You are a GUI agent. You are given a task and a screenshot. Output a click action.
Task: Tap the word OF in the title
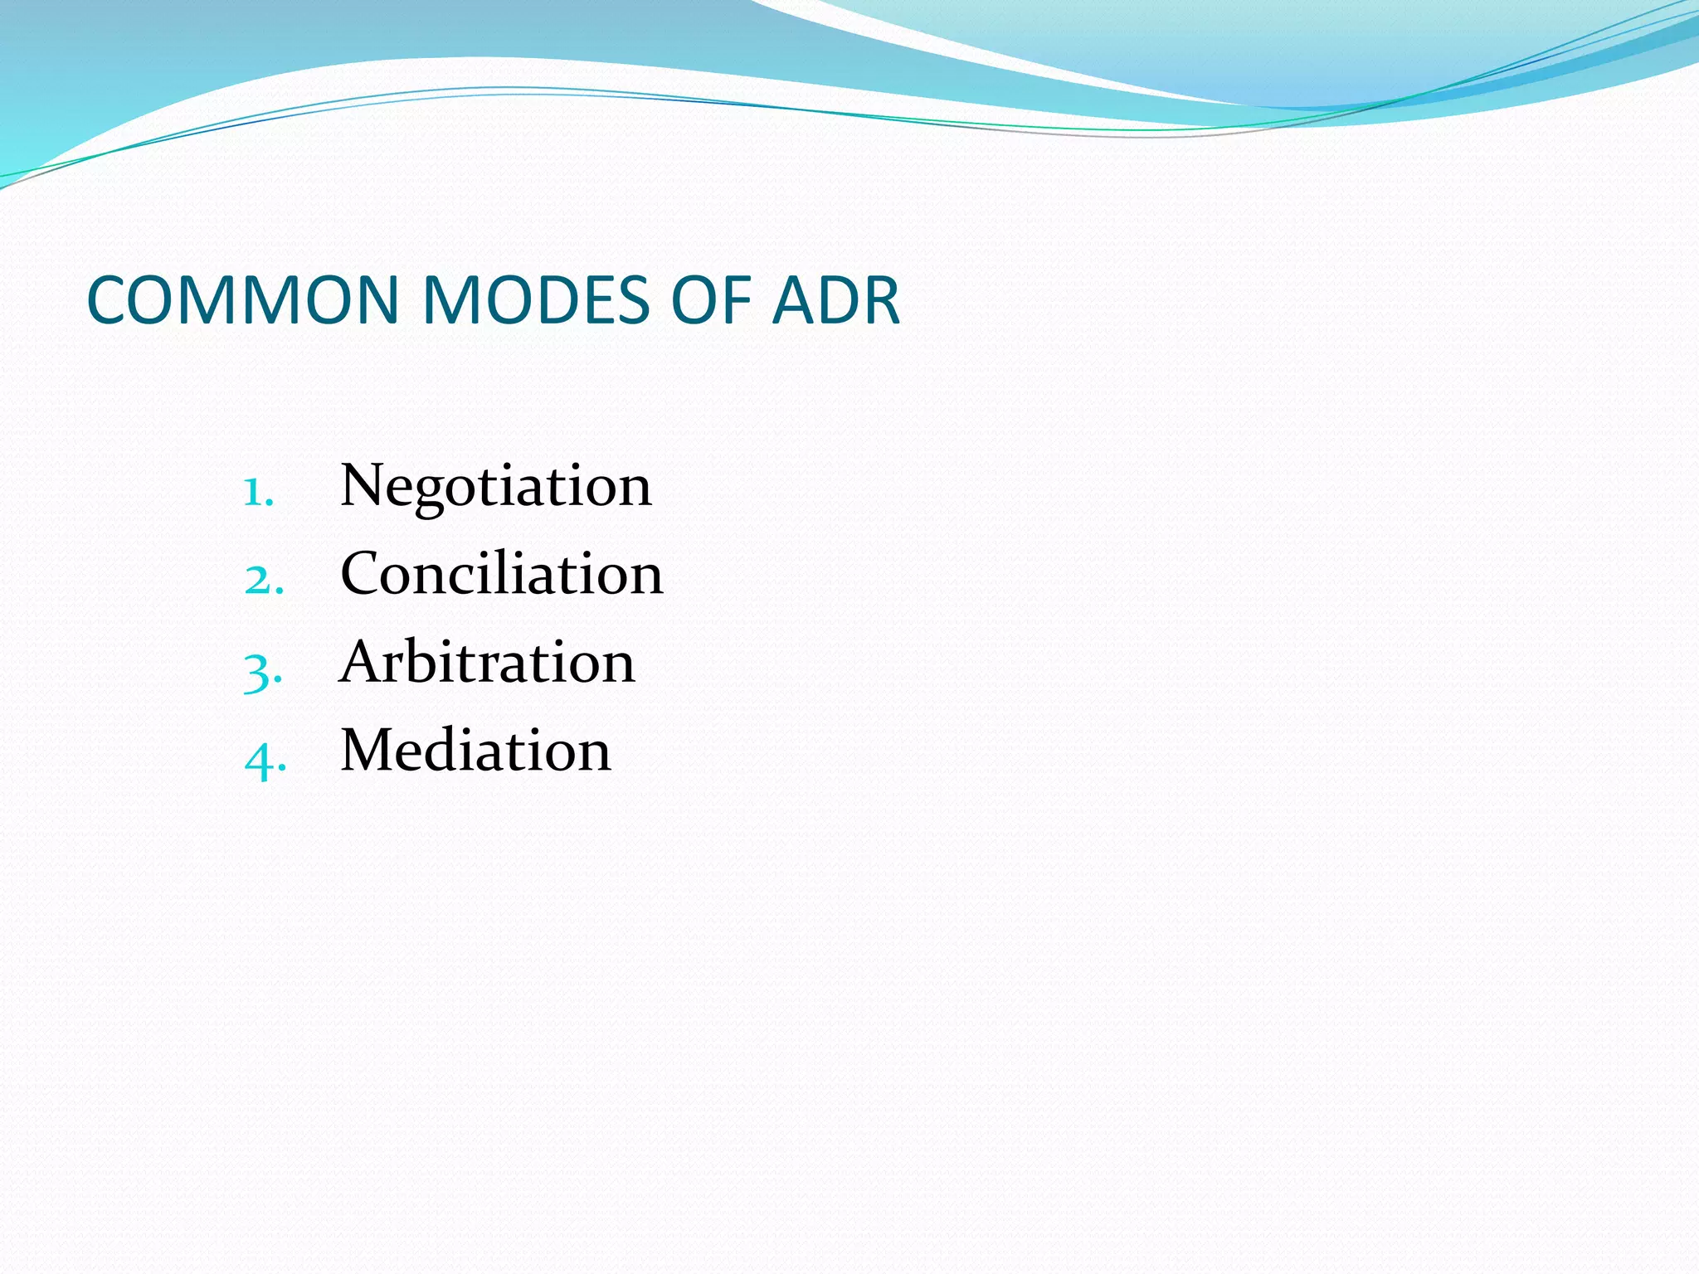tap(710, 299)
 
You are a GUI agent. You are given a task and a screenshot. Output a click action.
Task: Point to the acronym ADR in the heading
tap(835, 299)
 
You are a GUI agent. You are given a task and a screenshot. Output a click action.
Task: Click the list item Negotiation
tap(495, 486)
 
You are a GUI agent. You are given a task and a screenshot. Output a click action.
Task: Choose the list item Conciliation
tap(501, 574)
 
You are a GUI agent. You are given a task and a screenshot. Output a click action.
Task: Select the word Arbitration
tap(487, 663)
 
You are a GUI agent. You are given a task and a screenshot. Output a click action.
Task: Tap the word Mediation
tap(475, 751)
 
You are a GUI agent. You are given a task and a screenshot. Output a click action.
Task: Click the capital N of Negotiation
tap(362, 485)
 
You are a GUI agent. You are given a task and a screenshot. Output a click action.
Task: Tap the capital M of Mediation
tap(369, 750)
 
